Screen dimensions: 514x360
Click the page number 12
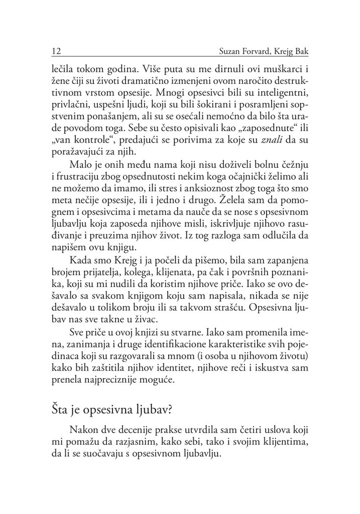tap(55, 52)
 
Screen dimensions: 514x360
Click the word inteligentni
tap(278, 93)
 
